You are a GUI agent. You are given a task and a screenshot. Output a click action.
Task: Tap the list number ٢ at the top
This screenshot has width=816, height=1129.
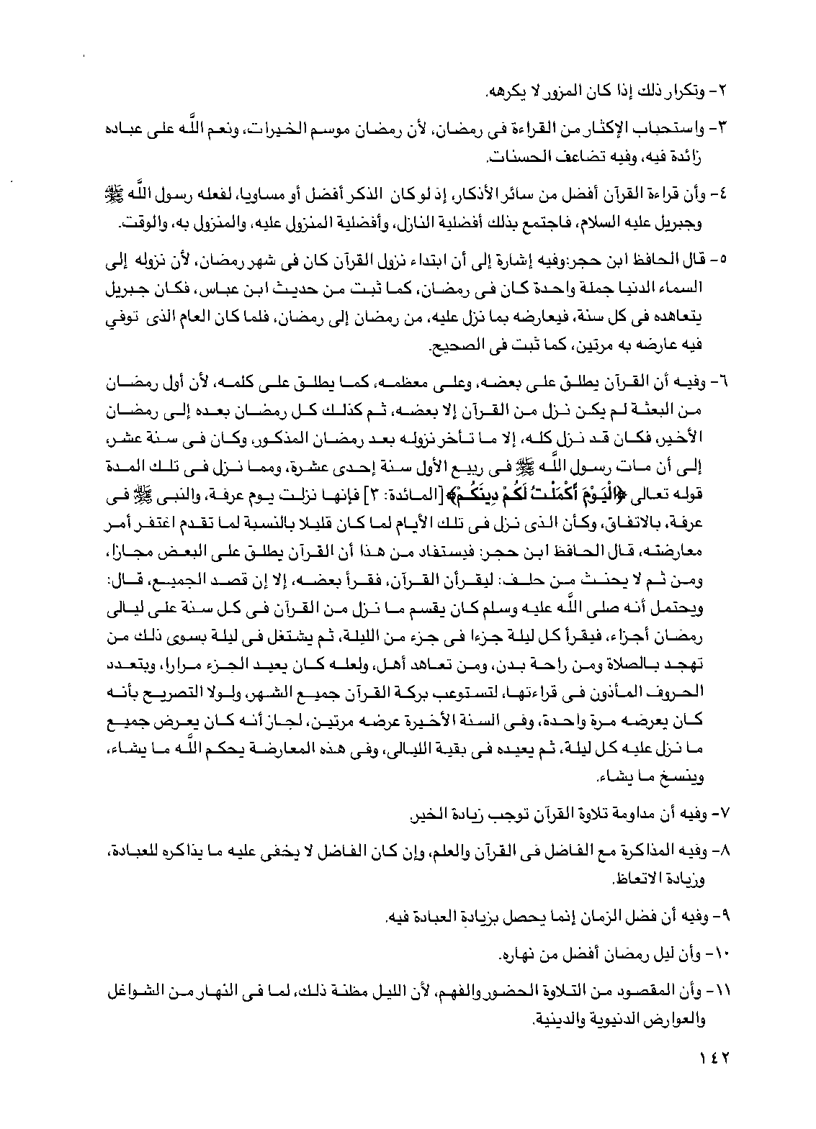[726, 93]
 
